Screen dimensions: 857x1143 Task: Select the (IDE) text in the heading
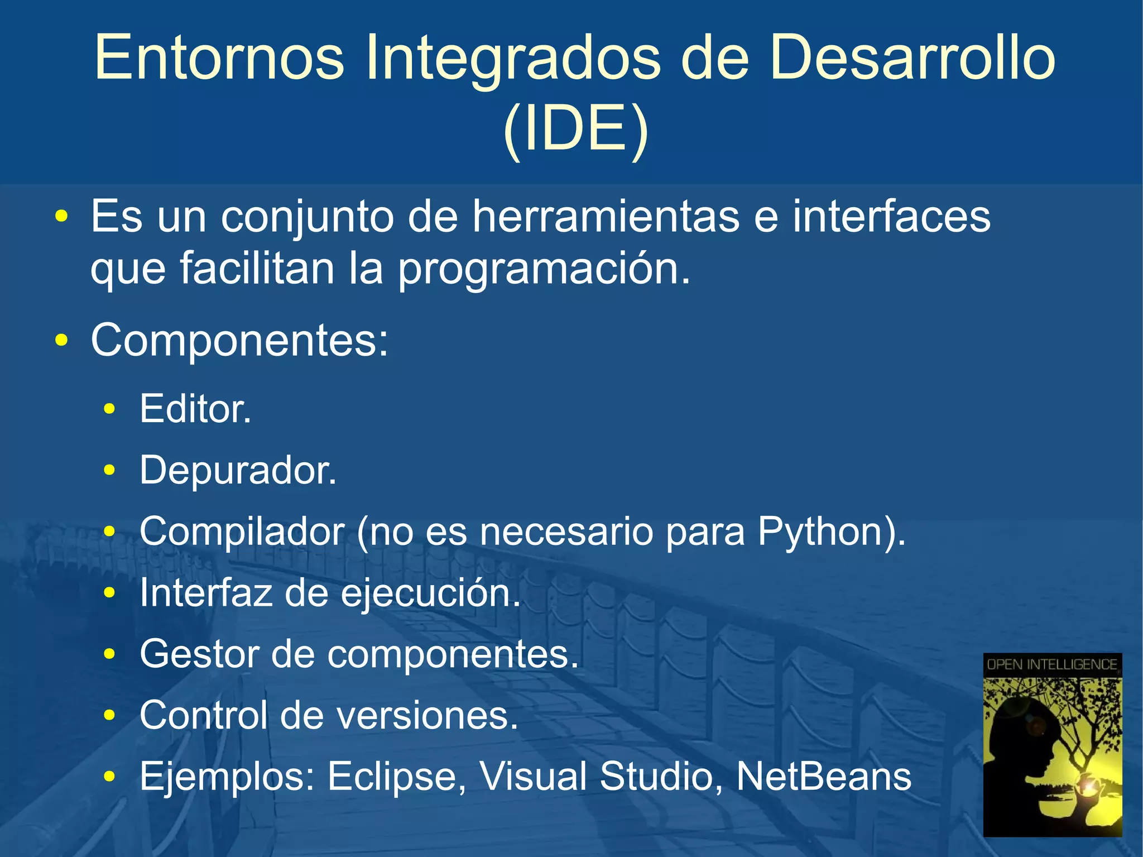575,130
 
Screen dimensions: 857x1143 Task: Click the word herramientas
606,217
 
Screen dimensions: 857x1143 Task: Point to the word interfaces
891,217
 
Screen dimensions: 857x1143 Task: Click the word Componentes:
239,340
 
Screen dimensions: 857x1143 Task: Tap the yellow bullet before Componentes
62,340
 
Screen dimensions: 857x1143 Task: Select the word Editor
195,409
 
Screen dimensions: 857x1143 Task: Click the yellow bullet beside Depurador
109,471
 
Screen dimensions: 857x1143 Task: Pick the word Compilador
242,532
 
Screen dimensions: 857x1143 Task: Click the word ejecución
430,594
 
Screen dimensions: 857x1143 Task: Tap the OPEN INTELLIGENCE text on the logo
1051,664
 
